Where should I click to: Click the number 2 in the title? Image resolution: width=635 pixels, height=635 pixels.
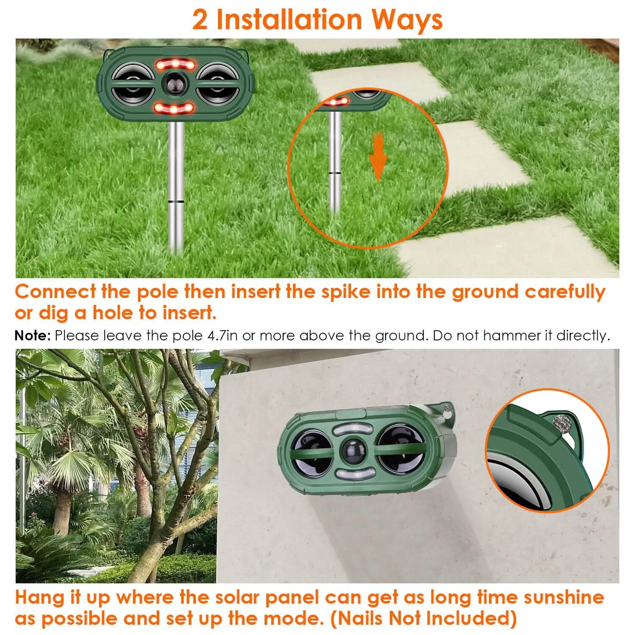point(200,20)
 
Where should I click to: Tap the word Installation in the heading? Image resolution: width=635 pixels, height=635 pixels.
point(289,20)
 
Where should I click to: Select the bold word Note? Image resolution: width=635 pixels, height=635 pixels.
point(33,336)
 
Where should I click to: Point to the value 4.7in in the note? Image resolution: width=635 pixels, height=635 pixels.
point(226,336)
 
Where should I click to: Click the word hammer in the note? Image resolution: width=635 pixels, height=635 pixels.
point(511,336)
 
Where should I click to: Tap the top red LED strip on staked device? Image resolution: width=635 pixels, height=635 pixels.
point(174,64)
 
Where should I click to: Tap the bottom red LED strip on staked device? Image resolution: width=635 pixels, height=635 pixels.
point(174,109)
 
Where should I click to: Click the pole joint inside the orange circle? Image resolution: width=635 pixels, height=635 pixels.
point(335,172)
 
